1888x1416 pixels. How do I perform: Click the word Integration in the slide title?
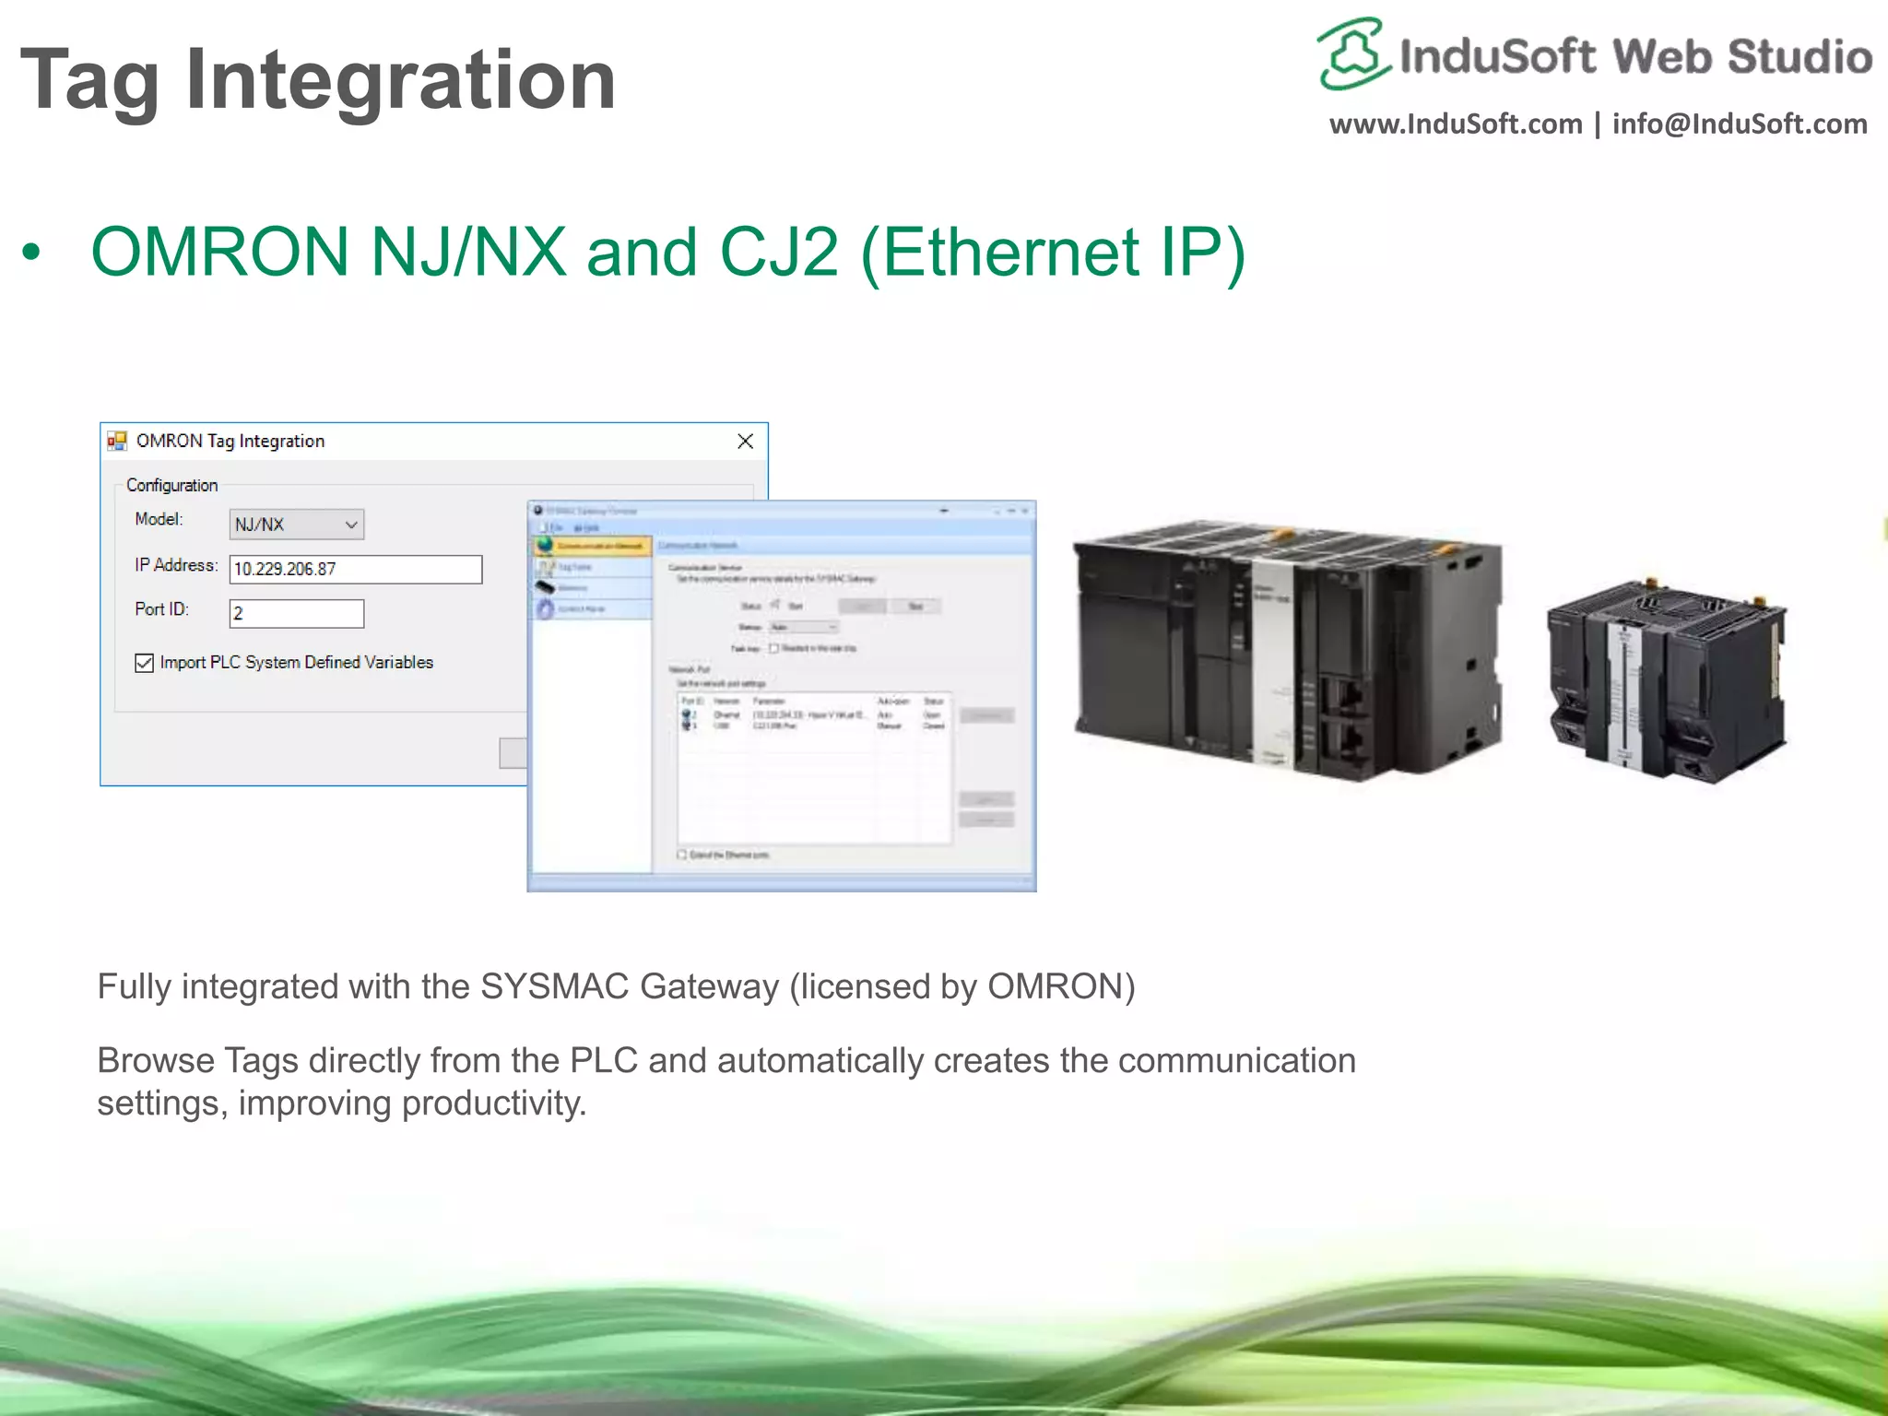(x=400, y=81)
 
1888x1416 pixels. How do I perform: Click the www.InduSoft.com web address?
(x=1455, y=124)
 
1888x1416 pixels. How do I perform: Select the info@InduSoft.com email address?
(x=1740, y=124)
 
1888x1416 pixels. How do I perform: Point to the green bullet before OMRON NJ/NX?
(x=32, y=253)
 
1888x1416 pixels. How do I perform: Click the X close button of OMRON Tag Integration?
(x=745, y=442)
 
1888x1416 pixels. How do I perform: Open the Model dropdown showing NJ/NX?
(x=296, y=525)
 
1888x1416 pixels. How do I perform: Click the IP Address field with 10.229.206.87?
(x=355, y=569)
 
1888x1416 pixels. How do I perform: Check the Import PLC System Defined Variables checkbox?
(x=145, y=663)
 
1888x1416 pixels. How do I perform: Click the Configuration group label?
(x=172, y=485)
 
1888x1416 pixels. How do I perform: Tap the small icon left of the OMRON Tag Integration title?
(x=117, y=442)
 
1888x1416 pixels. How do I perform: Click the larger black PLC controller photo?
(x=1287, y=649)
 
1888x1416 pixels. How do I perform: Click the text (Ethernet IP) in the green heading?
(x=1053, y=253)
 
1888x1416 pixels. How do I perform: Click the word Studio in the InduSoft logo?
(x=1799, y=57)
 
